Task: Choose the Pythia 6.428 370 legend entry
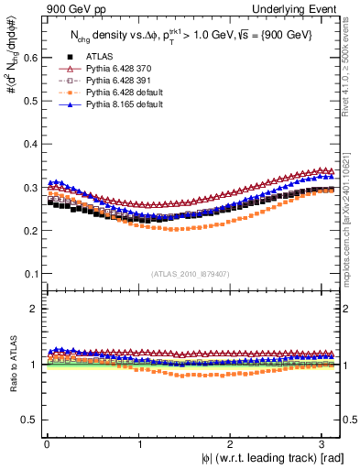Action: point(115,68)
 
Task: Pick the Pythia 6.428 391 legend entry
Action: point(115,80)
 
